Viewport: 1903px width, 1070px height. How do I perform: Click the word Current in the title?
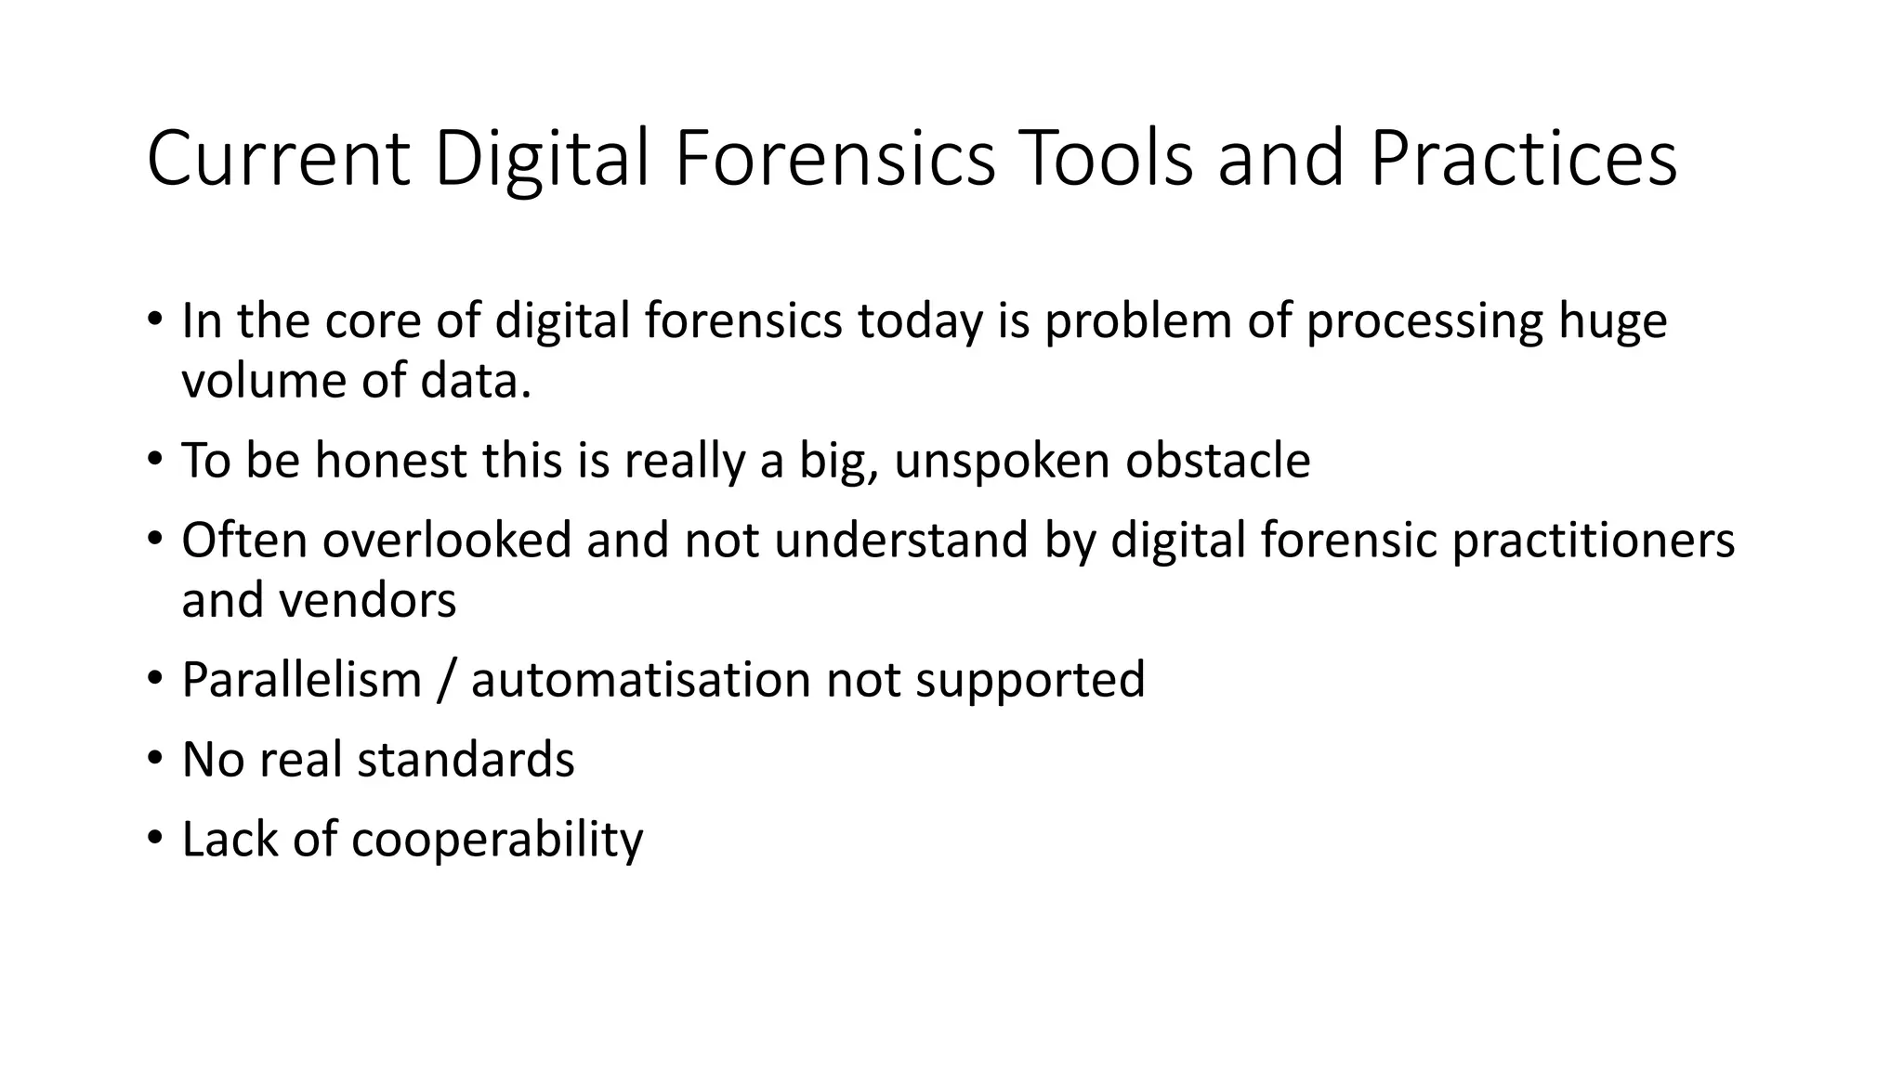tap(278, 158)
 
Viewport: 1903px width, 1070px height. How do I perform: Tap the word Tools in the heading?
tap(1106, 158)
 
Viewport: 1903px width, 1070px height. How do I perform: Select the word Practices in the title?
tap(1523, 158)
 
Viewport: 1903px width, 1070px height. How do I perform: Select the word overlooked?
tap(447, 541)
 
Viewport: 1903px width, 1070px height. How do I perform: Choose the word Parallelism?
tap(302, 680)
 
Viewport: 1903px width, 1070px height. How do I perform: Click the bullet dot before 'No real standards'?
tap(155, 758)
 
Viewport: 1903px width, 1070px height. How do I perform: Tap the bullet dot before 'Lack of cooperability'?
tap(155, 838)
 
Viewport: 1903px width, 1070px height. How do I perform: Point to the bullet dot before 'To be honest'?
tap(155, 459)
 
